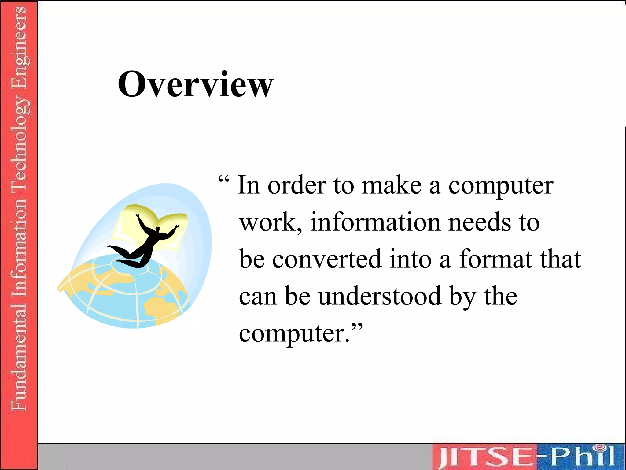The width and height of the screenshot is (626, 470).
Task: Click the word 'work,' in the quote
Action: click(271, 223)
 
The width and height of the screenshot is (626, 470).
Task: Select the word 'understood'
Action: click(380, 296)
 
